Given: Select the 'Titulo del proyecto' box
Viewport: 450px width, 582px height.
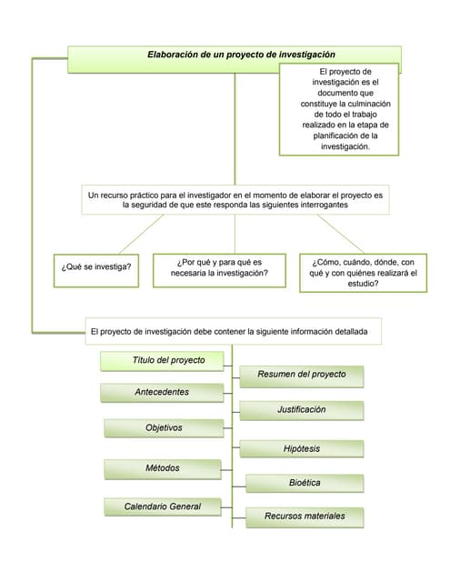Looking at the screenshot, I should (x=168, y=360).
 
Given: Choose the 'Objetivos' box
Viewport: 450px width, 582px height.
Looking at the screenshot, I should (x=164, y=427).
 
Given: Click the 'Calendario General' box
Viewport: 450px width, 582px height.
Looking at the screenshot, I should (x=164, y=506).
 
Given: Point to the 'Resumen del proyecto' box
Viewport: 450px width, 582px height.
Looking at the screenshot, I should (x=301, y=375).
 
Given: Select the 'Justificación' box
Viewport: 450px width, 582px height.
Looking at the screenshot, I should (x=301, y=410).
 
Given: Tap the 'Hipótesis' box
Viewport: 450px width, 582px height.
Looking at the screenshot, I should (x=301, y=448).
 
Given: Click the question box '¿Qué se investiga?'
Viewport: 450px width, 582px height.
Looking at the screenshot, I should (x=95, y=267).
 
